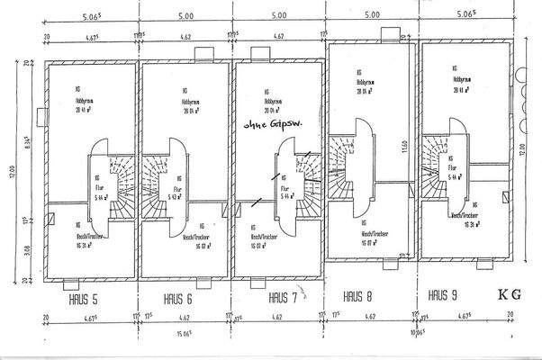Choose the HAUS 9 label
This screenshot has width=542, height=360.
pos(445,294)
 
